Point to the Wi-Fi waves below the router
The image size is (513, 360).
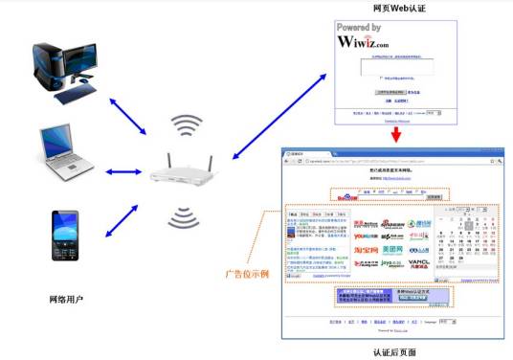188,217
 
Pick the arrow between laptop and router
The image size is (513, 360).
124,172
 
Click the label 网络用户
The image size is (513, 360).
65,300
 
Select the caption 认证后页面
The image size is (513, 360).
393,352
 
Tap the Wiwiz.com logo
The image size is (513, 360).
363,42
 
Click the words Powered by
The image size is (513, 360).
360,28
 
